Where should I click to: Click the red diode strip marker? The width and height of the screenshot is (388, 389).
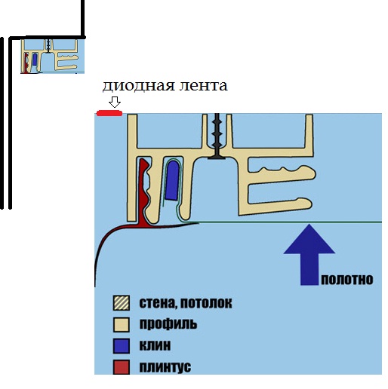(x=109, y=113)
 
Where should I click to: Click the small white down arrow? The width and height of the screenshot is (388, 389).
(x=115, y=103)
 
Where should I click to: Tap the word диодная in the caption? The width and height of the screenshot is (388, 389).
(x=138, y=85)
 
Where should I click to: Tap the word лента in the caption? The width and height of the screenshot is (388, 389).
(x=203, y=85)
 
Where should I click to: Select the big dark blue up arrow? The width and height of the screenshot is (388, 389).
(x=309, y=254)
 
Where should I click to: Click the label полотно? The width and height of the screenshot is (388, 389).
(x=347, y=280)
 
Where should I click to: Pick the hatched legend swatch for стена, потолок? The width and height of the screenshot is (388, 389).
(x=122, y=303)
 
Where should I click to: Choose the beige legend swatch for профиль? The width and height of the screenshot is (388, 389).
(x=122, y=324)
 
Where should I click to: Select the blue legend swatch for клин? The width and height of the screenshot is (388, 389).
(x=122, y=346)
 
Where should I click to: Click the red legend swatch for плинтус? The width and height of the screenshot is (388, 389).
(x=122, y=367)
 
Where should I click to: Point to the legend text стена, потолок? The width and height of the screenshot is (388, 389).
(x=186, y=303)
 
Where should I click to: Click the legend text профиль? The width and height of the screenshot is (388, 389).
(x=168, y=324)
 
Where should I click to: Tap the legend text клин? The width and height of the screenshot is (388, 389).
(x=155, y=345)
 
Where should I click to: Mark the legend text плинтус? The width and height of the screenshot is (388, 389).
(x=165, y=367)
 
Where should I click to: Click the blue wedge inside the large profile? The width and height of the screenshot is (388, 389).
(x=173, y=180)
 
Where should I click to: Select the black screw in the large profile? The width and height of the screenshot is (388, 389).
(x=217, y=136)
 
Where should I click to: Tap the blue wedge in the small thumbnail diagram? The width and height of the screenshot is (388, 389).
(x=35, y=60)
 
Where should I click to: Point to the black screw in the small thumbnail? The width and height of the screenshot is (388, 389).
(x=48, y=46)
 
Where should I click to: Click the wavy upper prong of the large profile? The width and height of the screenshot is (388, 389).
(x=282, y=173)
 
